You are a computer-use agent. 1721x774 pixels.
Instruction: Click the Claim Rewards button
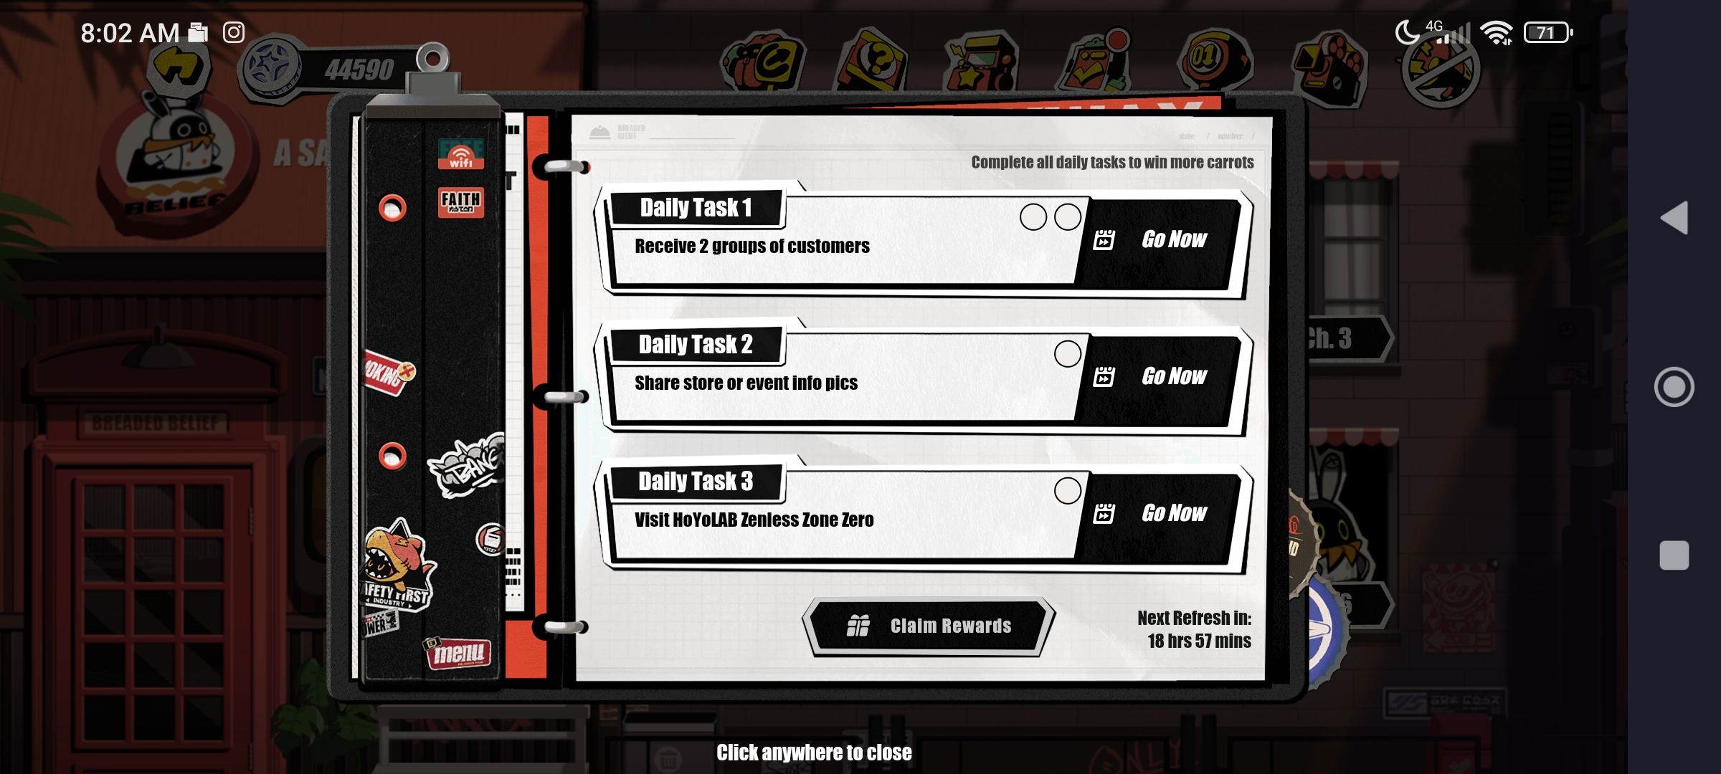click(x=929, y=626)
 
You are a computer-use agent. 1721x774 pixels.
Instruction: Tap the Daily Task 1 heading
click(x=696, y=208)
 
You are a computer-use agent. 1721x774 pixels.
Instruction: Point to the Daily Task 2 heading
click(x=696, y=345)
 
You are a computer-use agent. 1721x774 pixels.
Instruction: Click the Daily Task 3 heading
click(x=696, y=482)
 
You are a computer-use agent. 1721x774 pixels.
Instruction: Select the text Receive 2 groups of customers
click(x=752, y=247)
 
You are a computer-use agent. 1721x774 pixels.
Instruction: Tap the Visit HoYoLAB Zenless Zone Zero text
click(x=754, y=520)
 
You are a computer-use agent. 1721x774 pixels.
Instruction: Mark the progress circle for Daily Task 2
click(x=1067, y=353)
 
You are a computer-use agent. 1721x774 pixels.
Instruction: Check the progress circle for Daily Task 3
click(x=1067, y=491)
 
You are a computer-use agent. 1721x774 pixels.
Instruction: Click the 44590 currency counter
click(x=359, y=70)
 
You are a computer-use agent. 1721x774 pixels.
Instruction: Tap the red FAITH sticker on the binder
click(x=460, y=202)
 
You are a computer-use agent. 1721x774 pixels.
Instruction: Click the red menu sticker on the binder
click(x=459, y=653)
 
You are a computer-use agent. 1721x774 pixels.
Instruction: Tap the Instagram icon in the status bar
click(x=234, y=32)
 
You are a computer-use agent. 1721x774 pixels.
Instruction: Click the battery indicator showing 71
click(x=1547, y=32)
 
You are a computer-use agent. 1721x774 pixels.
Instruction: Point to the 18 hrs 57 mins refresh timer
click(x=1199, y=641)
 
